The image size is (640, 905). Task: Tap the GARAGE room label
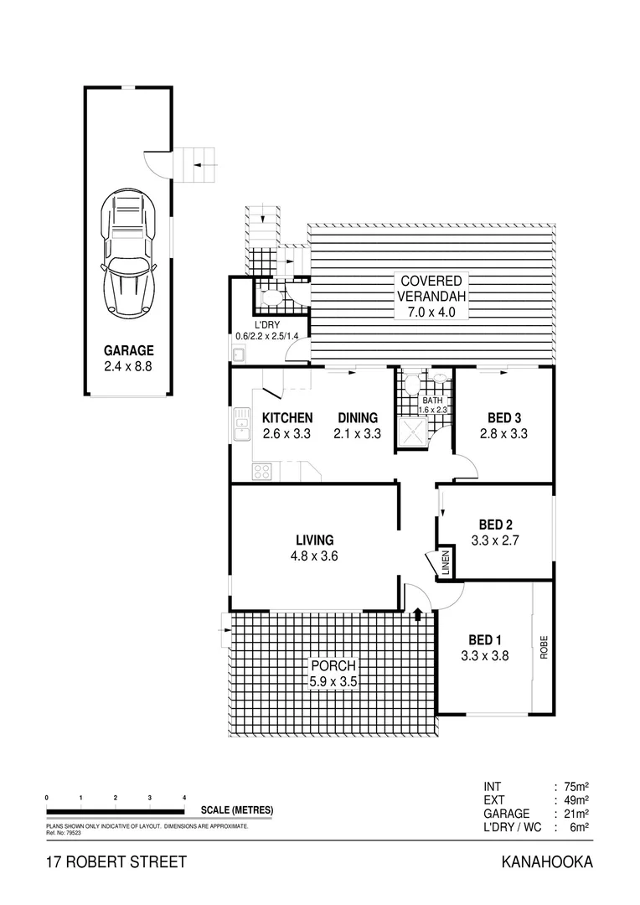coord(128,351)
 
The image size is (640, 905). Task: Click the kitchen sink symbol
coord(242,425)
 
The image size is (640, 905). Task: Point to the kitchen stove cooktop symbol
coord(262,471)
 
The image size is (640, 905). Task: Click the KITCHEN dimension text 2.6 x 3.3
coord(287,434)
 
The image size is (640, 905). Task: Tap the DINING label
coord(358,418)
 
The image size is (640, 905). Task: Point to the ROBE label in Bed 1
coord(543,645)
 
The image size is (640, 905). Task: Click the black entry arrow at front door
coord(417,616)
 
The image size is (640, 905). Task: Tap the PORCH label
coord(333,666)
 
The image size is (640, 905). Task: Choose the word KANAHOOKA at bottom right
coord(547,862)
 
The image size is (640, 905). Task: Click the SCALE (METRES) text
coord(237,810)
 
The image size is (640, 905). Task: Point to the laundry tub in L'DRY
coord(239,354)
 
